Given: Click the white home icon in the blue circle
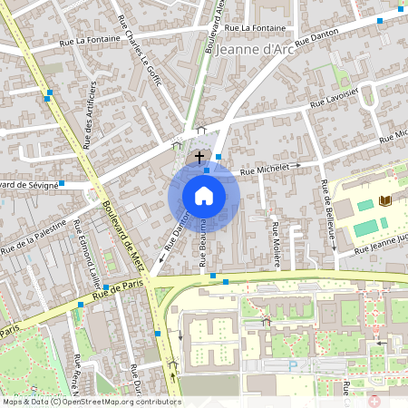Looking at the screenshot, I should click(x=204, y=195).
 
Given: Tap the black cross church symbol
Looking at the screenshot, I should click(x=199, y=157).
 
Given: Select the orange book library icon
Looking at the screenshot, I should click(x=388, y=200).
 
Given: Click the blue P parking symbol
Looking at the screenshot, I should click(x=292, y=365).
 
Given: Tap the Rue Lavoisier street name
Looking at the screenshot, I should click(x=335, y=99).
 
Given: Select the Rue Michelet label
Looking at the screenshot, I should click(x=270, y=169).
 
